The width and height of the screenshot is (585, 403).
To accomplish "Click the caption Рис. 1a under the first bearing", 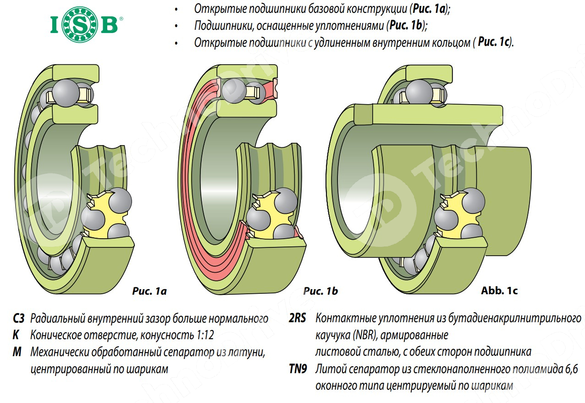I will click(x=149, y=291).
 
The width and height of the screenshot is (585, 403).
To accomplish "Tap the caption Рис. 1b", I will click(x=320, y=291).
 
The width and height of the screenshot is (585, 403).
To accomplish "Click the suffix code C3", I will click(x=19, y=319).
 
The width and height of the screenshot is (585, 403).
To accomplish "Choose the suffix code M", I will click(x=17, y=352).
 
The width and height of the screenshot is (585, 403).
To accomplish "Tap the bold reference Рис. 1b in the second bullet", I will click(x=407, y=26).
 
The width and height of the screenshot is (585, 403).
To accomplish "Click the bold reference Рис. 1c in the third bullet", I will click(x=494, y=42).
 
